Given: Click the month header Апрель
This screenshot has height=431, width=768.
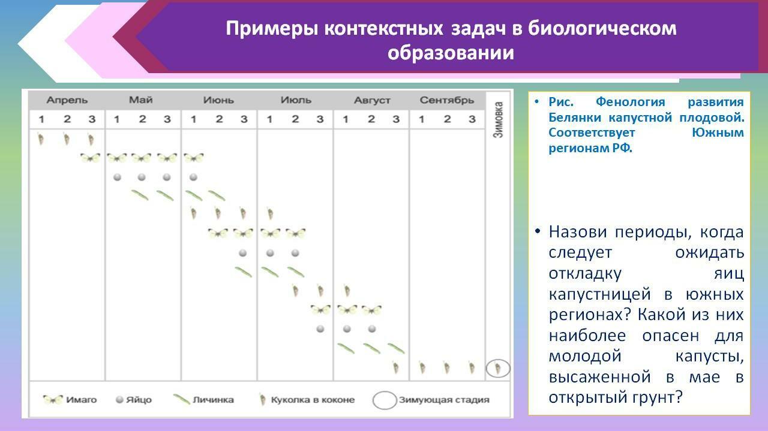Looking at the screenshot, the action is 67,100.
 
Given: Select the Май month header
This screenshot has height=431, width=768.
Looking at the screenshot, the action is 140,100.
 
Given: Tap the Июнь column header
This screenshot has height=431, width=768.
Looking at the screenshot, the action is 218,100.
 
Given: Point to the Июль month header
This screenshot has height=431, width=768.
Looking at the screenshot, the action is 296,100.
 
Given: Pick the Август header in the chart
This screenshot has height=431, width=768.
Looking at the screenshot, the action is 372,100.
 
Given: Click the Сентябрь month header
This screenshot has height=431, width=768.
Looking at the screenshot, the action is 447,100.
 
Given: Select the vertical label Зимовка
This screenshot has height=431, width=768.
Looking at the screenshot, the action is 498,119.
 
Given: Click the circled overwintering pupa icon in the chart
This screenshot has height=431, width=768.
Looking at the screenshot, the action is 498,369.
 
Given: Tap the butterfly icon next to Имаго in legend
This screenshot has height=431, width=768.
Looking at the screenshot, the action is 53,400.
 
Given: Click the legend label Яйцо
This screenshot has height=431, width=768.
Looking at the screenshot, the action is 139,400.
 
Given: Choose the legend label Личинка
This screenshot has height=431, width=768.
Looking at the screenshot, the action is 213,400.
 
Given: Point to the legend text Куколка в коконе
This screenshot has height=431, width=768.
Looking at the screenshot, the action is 313,400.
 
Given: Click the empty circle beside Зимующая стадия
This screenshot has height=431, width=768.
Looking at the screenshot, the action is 385,400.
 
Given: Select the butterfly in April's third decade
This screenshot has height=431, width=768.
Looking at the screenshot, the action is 91,158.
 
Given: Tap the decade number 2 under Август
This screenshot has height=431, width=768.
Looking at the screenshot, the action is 371,119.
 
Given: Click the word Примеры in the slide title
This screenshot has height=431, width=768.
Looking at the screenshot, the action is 272,28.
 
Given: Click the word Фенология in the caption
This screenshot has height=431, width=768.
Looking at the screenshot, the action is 630,102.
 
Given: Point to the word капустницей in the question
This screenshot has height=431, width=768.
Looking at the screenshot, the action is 599,294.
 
